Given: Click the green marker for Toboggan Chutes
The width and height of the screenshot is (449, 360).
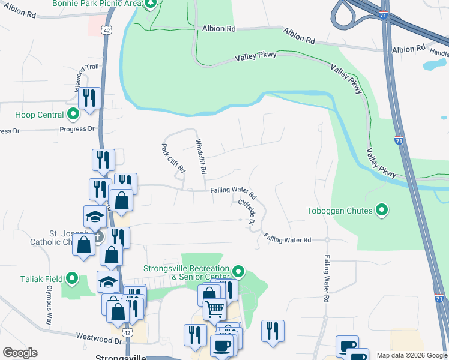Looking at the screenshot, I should coord(381,210).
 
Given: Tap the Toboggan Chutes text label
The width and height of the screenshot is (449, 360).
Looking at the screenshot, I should coord(340,211).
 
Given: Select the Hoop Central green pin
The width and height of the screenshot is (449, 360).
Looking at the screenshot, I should coord(73,113).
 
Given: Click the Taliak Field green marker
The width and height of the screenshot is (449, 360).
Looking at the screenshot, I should coord(72,278).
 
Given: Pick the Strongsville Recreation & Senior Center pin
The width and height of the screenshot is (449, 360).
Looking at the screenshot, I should coord(238,272).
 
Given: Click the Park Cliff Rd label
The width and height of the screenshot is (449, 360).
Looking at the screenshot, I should coord(173,158).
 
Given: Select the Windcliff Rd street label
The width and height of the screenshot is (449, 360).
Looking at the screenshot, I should coord(201,157).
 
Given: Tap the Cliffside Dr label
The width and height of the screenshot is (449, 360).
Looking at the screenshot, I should coord(247,212).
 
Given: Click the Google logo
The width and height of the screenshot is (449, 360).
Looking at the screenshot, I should coord(20,353).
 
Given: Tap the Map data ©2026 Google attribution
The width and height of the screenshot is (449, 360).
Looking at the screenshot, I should coord(412,355).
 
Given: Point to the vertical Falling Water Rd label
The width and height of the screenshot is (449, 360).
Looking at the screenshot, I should coord(327,278).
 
